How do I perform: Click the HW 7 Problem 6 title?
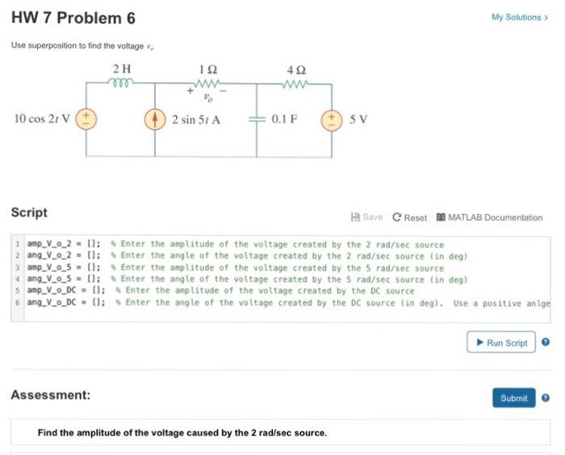coord(73,19)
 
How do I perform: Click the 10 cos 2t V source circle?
coord(85,119)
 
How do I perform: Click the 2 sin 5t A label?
coord(197,119)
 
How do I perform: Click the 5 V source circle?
coord(333,119)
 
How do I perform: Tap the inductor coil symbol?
coord(123,82)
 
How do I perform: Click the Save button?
coord(366,217)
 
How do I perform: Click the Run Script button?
coord(501,343)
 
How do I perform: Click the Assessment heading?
coord(50,395)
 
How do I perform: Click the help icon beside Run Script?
coord(546,343)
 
